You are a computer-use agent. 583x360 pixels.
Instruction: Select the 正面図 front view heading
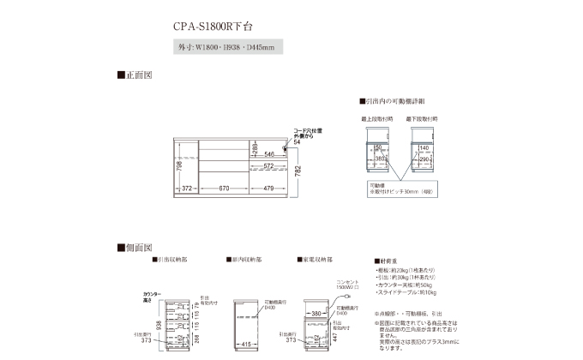135,75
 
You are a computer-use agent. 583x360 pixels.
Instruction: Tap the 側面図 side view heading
135,247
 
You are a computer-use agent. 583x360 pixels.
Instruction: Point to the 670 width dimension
224,189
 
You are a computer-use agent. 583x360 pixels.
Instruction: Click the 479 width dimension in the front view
269,189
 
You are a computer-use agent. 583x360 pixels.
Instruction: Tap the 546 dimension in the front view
269,154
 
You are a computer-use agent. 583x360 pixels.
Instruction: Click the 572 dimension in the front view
268,166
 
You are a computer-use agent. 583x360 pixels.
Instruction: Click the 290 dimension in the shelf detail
424,159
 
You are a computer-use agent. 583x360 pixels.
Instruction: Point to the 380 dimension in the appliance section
316,313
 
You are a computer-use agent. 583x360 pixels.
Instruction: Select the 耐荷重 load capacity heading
388,261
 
